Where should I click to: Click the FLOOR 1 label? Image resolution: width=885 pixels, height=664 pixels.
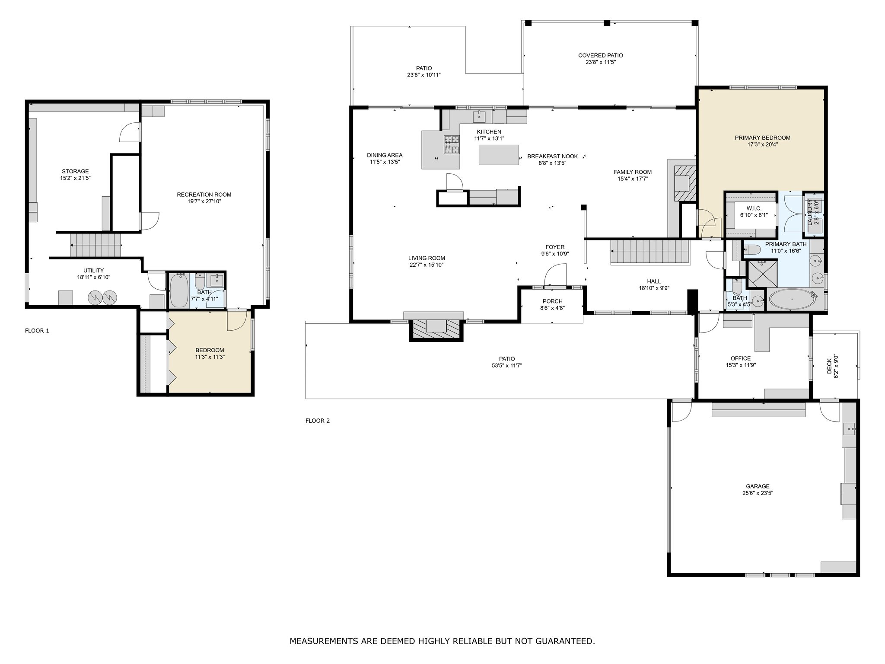pyautogui.click(x=37, y=331)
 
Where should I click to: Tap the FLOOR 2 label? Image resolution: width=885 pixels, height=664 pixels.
pyautogui.click(x=318, y=421)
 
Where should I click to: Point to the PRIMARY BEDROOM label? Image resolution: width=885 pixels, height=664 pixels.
pyautogui.click(x=763, y=138)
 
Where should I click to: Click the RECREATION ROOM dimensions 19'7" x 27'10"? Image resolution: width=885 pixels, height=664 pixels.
pyautogui.click(x=204, y=201)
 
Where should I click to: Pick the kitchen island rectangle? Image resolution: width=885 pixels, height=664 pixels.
pyautogui.click(x=499, y=155)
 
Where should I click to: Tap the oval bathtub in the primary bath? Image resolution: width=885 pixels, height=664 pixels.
pyautogui.click(x=792, y=299)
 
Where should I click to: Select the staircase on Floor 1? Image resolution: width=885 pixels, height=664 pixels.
pyautogui.click(x=95, y=245)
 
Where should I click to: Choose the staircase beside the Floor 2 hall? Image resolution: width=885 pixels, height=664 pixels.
pyautogui.click(x=649, y=252)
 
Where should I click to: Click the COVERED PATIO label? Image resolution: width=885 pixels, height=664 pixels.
pyautogui.click(x=601, y=55)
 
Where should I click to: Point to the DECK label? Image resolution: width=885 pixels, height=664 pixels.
pyautogui.click(x=829, y=367)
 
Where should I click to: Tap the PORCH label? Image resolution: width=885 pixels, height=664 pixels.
pyautogui.click(x=553, y=301)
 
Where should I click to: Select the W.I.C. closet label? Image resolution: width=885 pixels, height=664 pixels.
pyautogui.click(x=754, y=208)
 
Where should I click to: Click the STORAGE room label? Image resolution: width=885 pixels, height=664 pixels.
pyautogui.click(x=75, y=172)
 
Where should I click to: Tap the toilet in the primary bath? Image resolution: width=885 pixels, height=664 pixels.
pyautogui.click(x=752, y=249)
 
